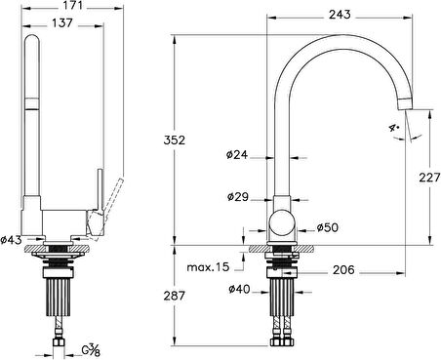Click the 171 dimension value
[72, 5]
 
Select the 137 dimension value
[62, 23]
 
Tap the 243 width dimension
[340, 15]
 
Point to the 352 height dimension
[174, 140]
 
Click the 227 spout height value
[429, 178]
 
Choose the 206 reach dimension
[343, 269]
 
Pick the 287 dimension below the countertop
[174, 296]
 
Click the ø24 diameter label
[237, 154]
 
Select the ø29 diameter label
[238, 196]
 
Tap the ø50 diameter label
[328, 227]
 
